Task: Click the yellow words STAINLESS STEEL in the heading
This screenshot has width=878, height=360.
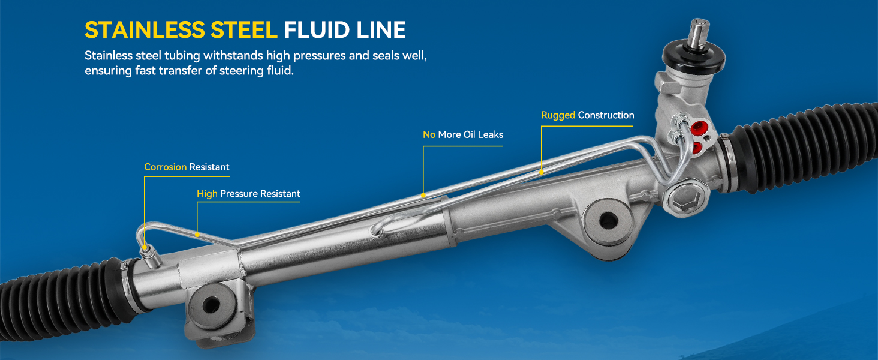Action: point(181,30)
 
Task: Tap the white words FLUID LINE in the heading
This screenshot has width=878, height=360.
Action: point(345,30)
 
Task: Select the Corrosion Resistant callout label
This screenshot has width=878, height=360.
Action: point(187,167)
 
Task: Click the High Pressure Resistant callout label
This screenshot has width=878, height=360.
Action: point(248,194)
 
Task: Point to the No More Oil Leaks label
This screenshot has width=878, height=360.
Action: point(463,134)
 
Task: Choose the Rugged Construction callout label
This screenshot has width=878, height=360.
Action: point(587,115)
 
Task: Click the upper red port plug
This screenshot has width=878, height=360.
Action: point(697,128)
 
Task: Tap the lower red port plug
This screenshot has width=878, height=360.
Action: point(697,146)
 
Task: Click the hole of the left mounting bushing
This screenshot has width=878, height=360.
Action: point(211,305)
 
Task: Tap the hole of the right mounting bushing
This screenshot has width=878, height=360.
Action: point(608,220)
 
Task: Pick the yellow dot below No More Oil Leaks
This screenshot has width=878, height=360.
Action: point(423,195)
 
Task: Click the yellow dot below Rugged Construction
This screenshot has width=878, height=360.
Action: point(542,172)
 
